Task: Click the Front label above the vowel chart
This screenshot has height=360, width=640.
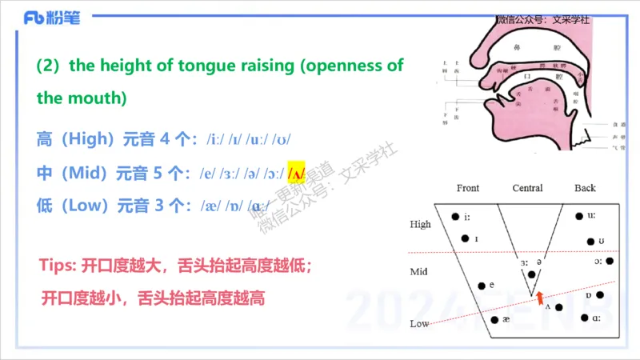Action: [x=468, y=189]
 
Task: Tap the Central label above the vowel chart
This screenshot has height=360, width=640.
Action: [x=527, y=189]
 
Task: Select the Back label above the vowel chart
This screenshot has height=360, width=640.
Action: [x=585, y=189]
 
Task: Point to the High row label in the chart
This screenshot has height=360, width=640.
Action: [x=420, y=225]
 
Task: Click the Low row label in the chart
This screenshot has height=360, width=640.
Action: [x=419, y=324]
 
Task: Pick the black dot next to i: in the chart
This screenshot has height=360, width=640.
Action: [x=455, y=216]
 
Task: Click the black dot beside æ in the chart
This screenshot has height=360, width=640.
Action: [x=494, y=320]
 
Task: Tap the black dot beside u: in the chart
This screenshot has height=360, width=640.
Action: [x=579, y=215]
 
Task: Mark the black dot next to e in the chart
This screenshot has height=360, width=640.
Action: [x=481, y=285]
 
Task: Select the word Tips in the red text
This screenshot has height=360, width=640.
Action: [x=56, y=265]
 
